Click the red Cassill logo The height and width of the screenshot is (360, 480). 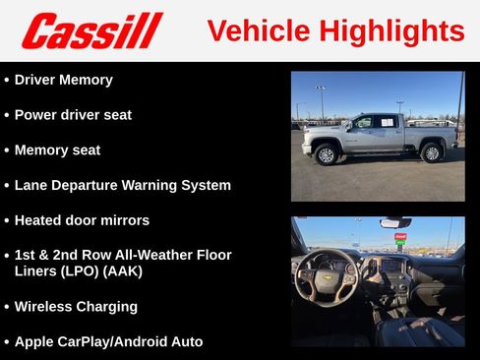click(91, 30)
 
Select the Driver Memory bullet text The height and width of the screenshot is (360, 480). click(63, 80)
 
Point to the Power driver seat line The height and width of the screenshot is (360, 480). click(73, 115)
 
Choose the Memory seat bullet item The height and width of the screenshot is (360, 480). click(57, 150)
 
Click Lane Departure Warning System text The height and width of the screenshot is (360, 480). click(123, 185)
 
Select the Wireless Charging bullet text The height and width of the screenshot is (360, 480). click(76, 306)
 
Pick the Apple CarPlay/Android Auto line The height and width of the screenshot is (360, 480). click(108, 341)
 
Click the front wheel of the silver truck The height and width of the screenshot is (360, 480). click(327, 153)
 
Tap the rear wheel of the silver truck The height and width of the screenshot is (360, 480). click(431, 152)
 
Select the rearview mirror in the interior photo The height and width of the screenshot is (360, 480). click(395, 223)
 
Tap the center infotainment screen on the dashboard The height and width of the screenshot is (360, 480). click(390, 266)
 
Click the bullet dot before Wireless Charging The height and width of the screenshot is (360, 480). click(7, 307)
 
